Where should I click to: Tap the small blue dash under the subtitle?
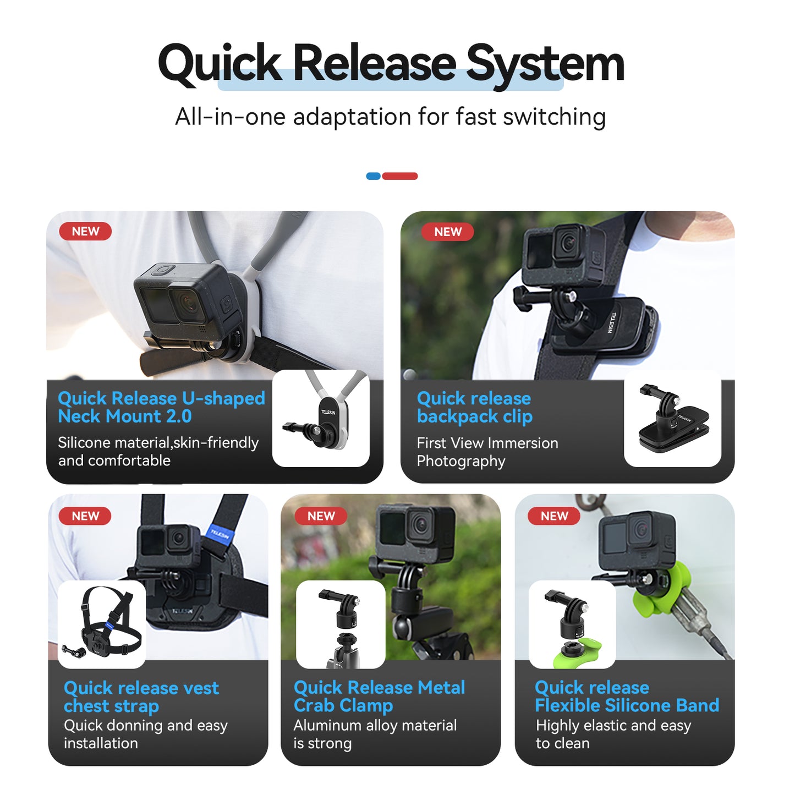tap(373, 176)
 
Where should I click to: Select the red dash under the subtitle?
tap(400, 176)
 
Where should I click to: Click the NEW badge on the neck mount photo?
tap(85, 232)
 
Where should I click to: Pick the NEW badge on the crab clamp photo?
tap(321, 516)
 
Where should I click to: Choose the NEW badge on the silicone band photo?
tap(554, 516)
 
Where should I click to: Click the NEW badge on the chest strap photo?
tap(85, 516)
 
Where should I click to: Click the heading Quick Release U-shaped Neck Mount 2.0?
tap(161, 407)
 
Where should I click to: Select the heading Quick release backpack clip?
tap(474, 407)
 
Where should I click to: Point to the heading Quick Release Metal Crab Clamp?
tap(379, 696)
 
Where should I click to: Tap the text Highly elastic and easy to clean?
tap(613, 734)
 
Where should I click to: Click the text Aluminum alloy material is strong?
tap(375, 734)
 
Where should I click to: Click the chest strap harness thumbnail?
tap(102, 624)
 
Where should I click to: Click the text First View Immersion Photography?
tap(487, 452)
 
